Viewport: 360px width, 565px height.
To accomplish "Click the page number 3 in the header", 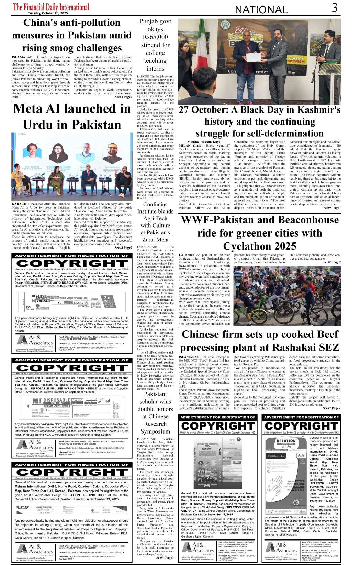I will point(335,8).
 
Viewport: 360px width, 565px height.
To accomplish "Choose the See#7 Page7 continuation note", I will point(331,408).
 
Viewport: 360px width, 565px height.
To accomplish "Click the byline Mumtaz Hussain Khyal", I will point(204,142).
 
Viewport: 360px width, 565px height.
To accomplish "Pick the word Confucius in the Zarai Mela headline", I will point(155,204).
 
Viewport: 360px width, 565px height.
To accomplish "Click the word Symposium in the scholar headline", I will point(155,431).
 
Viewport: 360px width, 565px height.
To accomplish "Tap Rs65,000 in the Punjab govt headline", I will point(155,37).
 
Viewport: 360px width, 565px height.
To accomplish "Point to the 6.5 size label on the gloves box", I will point(301,456).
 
